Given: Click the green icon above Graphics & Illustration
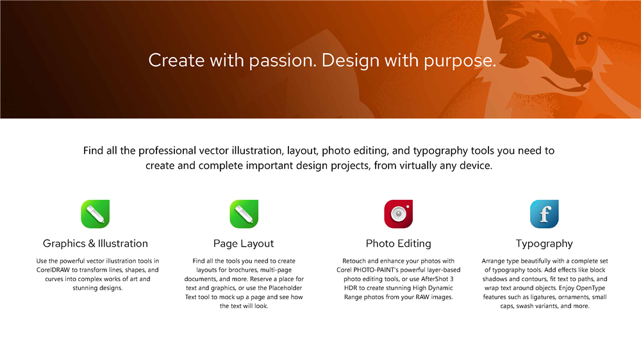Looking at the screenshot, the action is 96,214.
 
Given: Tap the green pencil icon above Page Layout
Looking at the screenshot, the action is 244,214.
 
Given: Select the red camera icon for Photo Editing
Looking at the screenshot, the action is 399,214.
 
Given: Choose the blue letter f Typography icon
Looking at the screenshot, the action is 544,214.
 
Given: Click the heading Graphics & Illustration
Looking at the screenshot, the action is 96,243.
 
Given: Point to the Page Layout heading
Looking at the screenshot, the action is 244,244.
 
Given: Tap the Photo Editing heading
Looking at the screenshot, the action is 399,244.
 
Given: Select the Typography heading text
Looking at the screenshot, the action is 544,244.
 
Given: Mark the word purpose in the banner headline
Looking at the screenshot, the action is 460,61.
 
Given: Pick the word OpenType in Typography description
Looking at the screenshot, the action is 590,288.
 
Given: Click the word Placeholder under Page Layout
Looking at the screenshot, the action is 285,288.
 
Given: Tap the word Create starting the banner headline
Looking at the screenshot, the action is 177,60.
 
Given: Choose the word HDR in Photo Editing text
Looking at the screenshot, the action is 351,288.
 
